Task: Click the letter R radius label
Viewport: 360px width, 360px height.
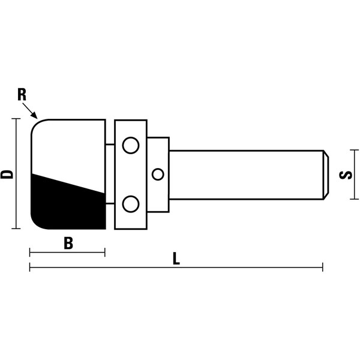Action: [22, 95]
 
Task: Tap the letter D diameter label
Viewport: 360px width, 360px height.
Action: [7, 175]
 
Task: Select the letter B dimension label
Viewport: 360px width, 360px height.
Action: [68, 244]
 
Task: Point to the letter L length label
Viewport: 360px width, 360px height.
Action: [176, 259]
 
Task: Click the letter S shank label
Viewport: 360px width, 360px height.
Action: [346, 175]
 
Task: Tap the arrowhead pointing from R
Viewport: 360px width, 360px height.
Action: [34, 115]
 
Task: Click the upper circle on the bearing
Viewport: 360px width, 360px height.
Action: [131, 145]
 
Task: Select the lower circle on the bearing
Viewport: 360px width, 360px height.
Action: [131, 204]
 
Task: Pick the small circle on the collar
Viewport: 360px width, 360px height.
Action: [158, 174]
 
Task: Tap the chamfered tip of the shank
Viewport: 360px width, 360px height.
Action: [326, 175]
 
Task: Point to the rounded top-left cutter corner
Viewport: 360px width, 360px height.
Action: [37, 125]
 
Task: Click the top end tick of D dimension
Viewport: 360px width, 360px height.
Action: [16, 119]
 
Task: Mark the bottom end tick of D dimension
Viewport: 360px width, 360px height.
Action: [16, 229]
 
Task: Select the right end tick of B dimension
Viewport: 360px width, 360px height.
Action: [105, 253]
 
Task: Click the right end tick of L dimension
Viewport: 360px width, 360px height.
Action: [323, 267]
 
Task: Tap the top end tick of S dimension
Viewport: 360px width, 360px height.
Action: [354, 150]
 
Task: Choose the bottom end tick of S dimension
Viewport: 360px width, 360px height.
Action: [354, 199]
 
